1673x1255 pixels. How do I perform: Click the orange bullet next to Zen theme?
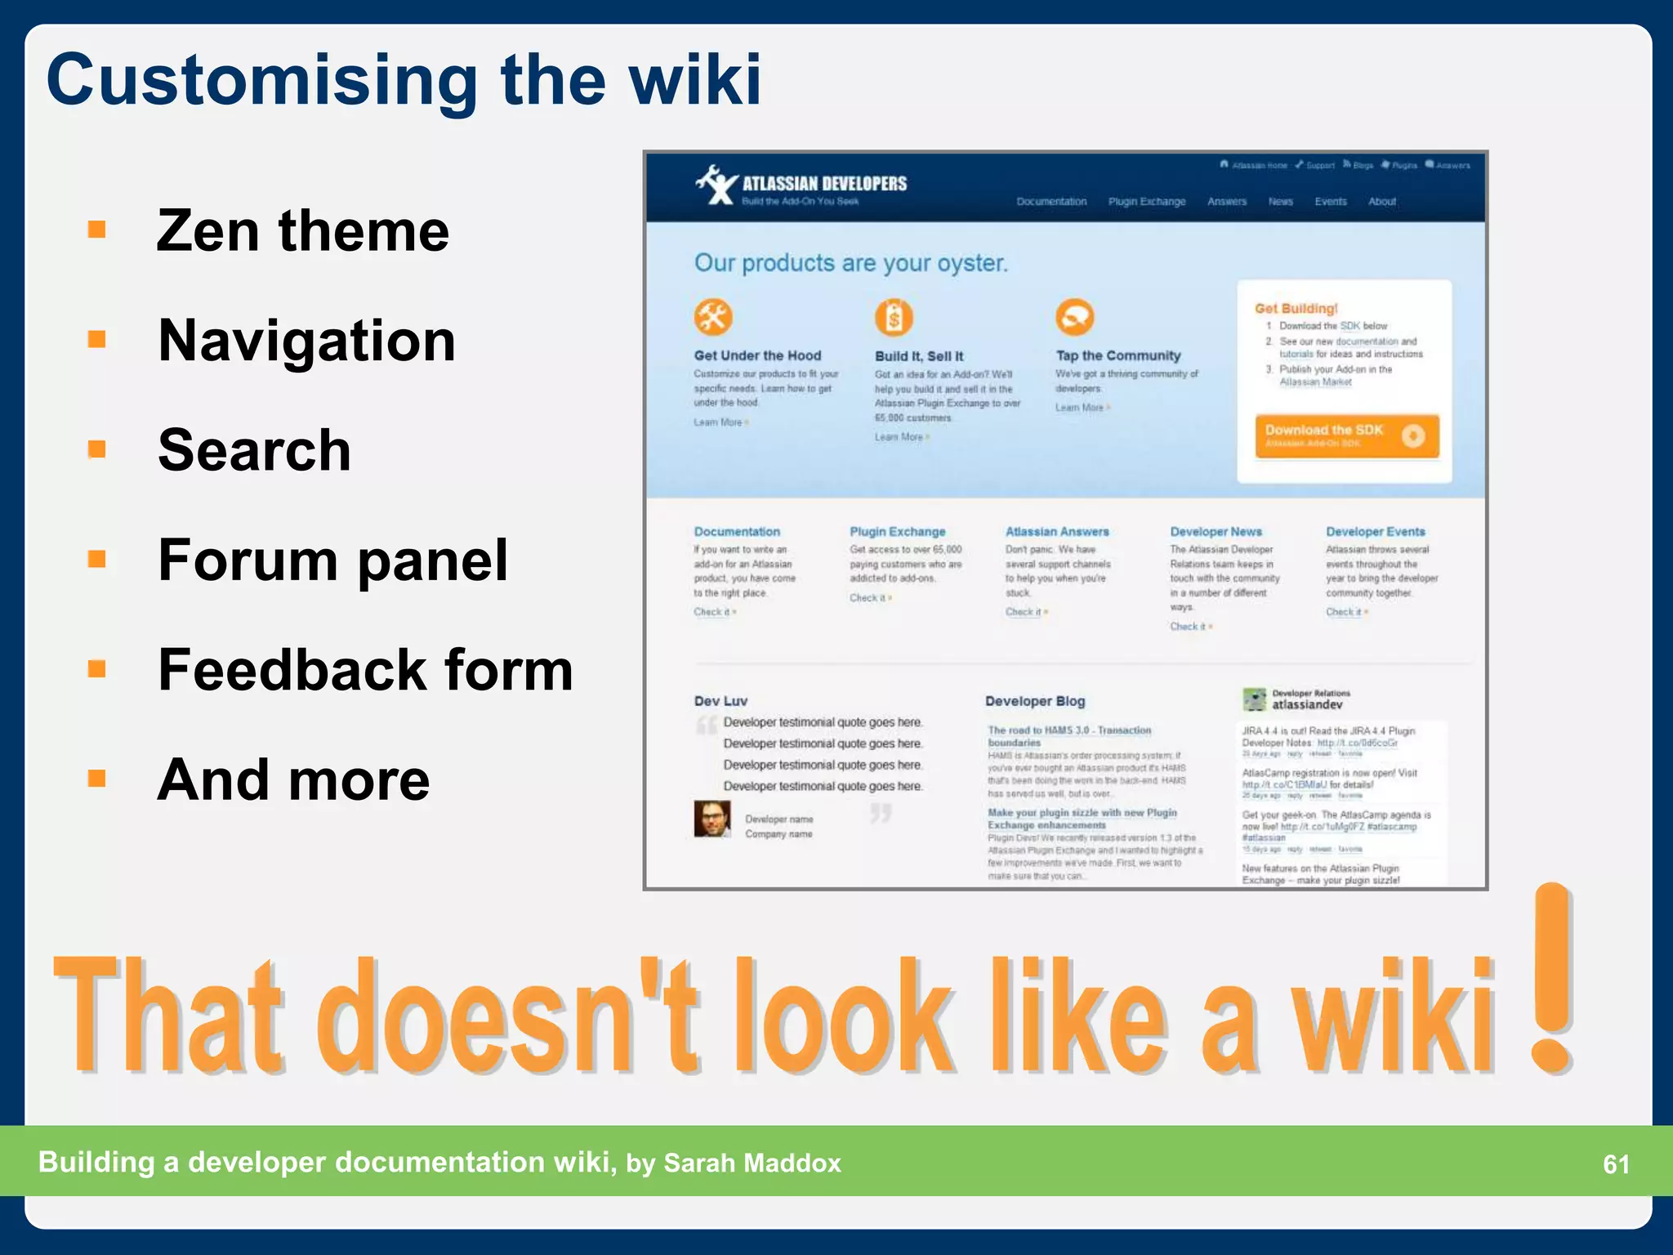pos(97,230)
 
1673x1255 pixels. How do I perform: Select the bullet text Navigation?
pos(306,341)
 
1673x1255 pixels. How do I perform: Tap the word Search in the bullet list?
pos(254,450)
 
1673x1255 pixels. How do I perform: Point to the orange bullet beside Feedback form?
pos(97,669)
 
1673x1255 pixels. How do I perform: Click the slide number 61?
pos(1616,1163)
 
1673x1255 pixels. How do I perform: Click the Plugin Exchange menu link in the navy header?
pos(1146,202)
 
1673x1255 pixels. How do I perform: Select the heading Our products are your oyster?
pos(850,263)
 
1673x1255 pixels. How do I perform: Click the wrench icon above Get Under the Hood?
pos(713,317)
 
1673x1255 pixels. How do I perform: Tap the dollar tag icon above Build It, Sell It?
pos(894,318)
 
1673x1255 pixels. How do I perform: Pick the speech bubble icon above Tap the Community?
pos(1074,317)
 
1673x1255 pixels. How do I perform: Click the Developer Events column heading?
pos(1375,532)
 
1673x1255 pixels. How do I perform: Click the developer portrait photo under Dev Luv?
pos(712,819)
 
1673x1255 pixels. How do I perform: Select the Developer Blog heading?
pos(1034,701)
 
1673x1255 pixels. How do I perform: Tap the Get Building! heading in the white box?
pos(1296,309)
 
